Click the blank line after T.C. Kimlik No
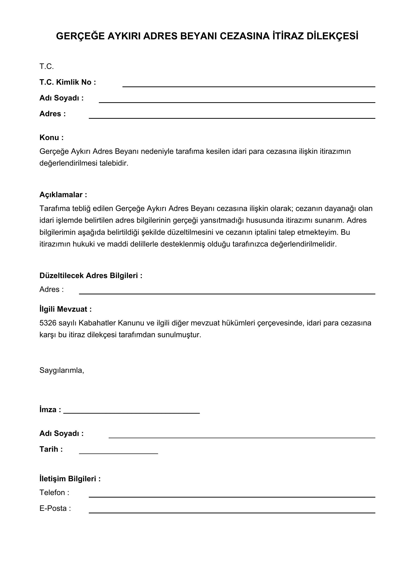click(248, 86)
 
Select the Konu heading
click(51, 138)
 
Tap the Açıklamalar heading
click(63, 195)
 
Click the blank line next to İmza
click(131, 413)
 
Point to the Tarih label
click(51, 449)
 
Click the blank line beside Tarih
click(118, 453)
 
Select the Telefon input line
click(232, 497)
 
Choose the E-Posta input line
click(232, 513)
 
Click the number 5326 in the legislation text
click(48, 323)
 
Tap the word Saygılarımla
click(61, 370)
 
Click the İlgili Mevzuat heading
click(65, 309)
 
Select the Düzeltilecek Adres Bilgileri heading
click(91, 276)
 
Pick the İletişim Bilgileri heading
click(70, 479)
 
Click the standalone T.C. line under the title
click(46, 67)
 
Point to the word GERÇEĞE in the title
click(80, 36)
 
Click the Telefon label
click(54, 493)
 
